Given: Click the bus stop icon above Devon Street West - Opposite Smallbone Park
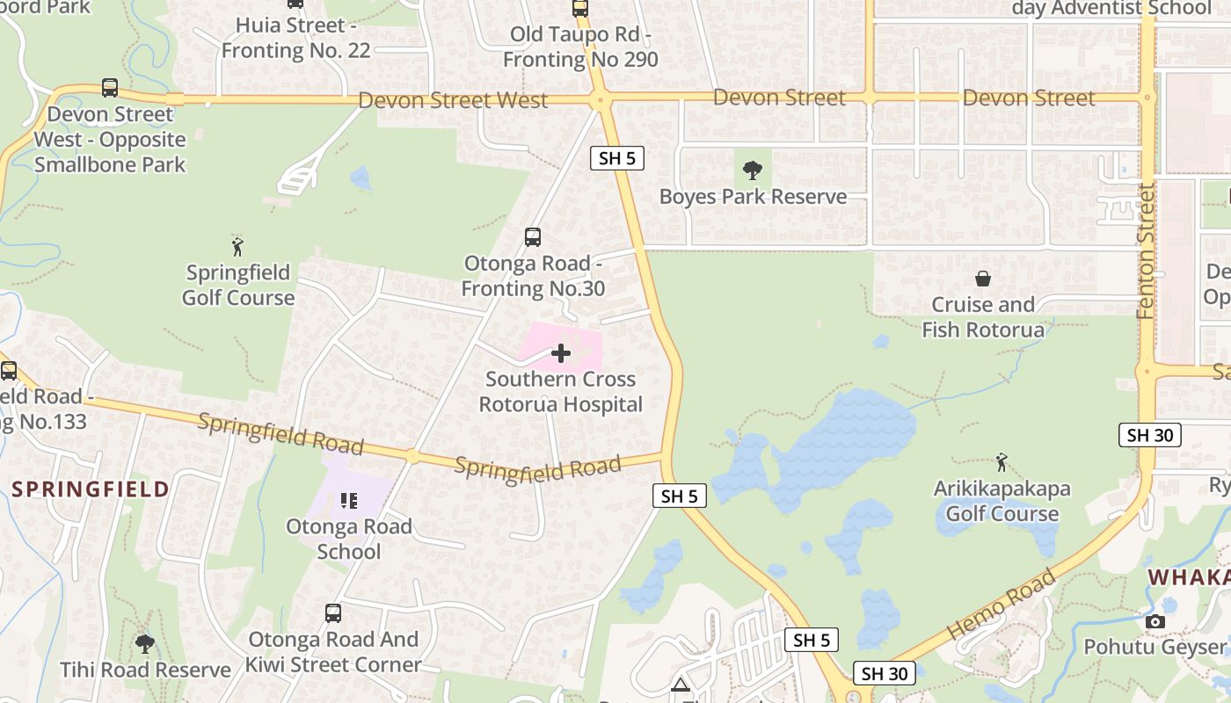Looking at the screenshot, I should point(110,88).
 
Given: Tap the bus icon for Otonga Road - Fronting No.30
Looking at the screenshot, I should point(533,236).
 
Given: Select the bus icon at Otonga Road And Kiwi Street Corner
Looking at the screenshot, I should point(333,613).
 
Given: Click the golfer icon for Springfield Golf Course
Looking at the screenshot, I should point(237,246).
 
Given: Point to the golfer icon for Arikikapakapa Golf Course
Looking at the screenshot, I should point(1001,462).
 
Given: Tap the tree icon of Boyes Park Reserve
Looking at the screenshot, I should point(753,170).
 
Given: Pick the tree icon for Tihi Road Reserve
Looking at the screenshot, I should point(145,644).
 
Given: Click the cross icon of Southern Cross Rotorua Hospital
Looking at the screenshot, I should point(561,353).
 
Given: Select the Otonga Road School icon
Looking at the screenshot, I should point(349,501).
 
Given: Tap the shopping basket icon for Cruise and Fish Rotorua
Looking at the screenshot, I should point(983,279).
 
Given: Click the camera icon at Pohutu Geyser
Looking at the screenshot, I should point(1155,622).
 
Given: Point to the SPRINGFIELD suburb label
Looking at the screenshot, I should point(91,489).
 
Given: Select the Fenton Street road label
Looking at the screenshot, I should point(1145,250).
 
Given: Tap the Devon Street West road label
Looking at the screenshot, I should point(453,100).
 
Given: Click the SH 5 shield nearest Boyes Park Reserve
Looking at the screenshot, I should point(617,158).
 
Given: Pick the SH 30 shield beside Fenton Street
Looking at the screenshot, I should point(1149,435).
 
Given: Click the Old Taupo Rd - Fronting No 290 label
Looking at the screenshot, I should point(580,47).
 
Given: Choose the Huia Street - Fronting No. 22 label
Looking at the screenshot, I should point(295,38).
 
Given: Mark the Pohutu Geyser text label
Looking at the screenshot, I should point(1155,648).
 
